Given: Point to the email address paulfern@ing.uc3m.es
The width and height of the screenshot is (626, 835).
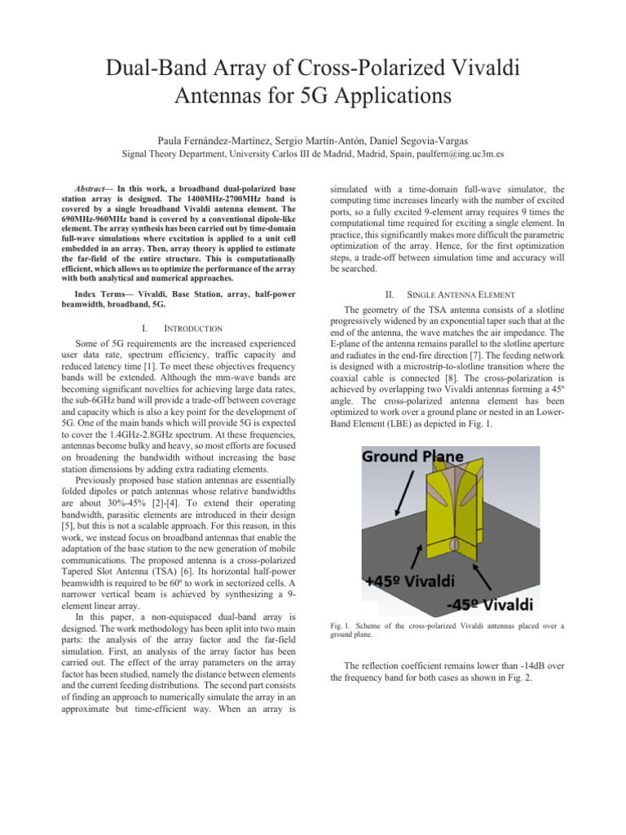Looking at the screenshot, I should [461, 152].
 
